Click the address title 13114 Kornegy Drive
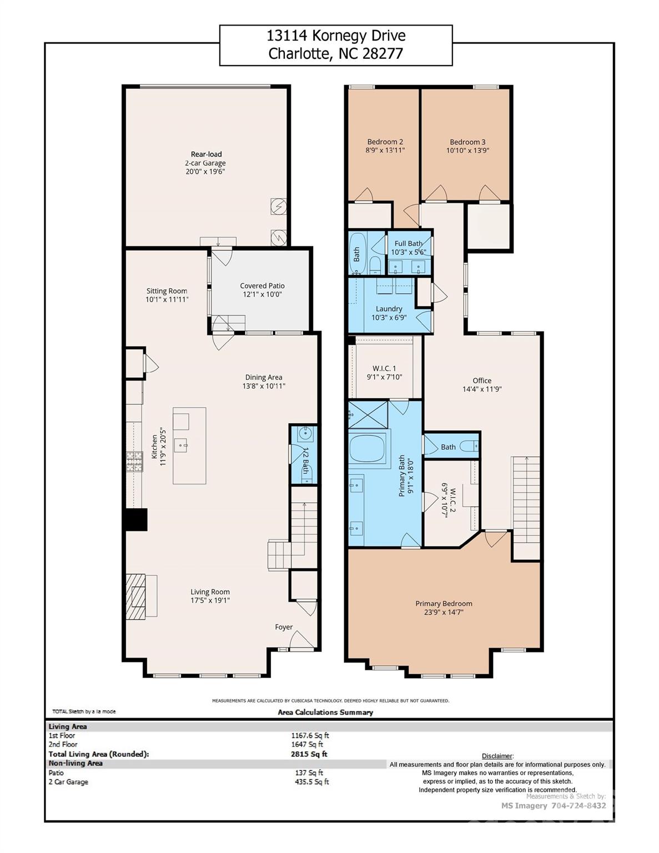(x=336, y=36)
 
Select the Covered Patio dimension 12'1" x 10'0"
(x=262, y=294)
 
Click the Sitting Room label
(x=167, y=291)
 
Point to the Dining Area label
(x=264, y=378)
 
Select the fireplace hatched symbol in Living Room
(x=135, y=596)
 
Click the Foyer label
(x=284, y=627)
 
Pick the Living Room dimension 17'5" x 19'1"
(x=210, y=600)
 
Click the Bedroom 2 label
(x=385, y=142)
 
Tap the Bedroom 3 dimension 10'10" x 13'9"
(x=467, y=150)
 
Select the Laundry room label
(x=389, y=309)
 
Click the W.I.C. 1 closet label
(x=384, y=368)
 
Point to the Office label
(x=482, y=380)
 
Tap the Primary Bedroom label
(x=444, y=604)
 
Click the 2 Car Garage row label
(x=68, y=782)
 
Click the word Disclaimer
(x=497, y=756)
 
